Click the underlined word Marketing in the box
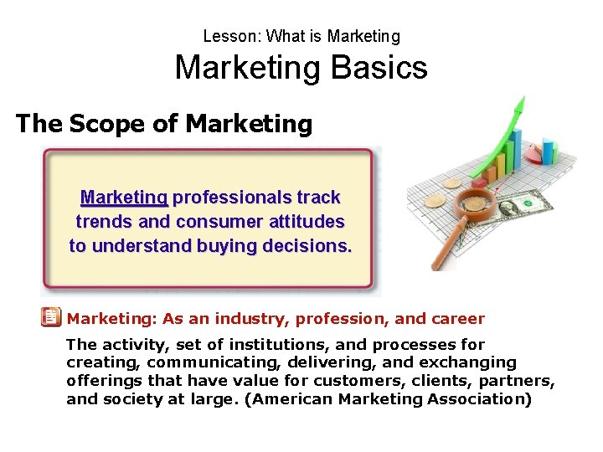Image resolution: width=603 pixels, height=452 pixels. tap(124, 198)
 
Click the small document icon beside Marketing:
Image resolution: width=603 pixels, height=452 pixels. tap(52, 317)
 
